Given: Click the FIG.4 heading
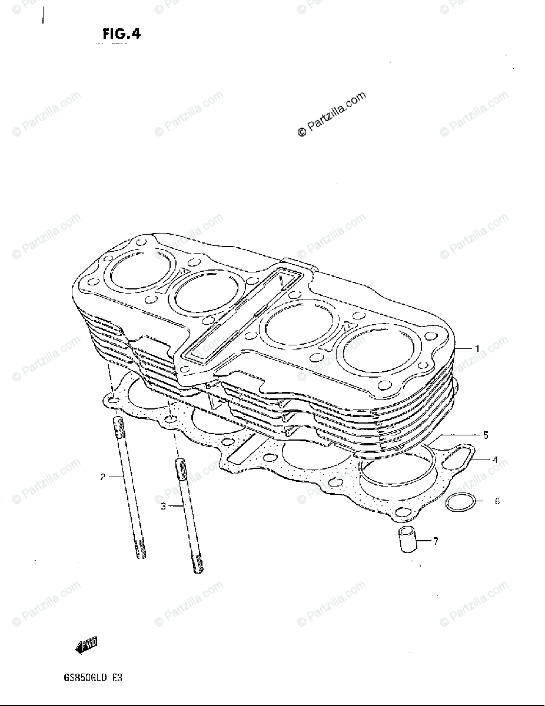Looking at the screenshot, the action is tap(121, 35).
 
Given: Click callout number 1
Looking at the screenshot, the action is tap(477, 349).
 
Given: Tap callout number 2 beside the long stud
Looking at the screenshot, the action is tap(102, 477).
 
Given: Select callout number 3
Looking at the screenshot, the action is tap(164, 505).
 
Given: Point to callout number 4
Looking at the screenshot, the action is tap(496, 459).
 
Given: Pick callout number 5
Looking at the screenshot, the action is tap(486, 436).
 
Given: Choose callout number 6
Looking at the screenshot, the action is tap(497, 502).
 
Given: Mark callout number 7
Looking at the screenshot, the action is tap(435, 541).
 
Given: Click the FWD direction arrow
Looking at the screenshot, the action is tap(86, 645).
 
